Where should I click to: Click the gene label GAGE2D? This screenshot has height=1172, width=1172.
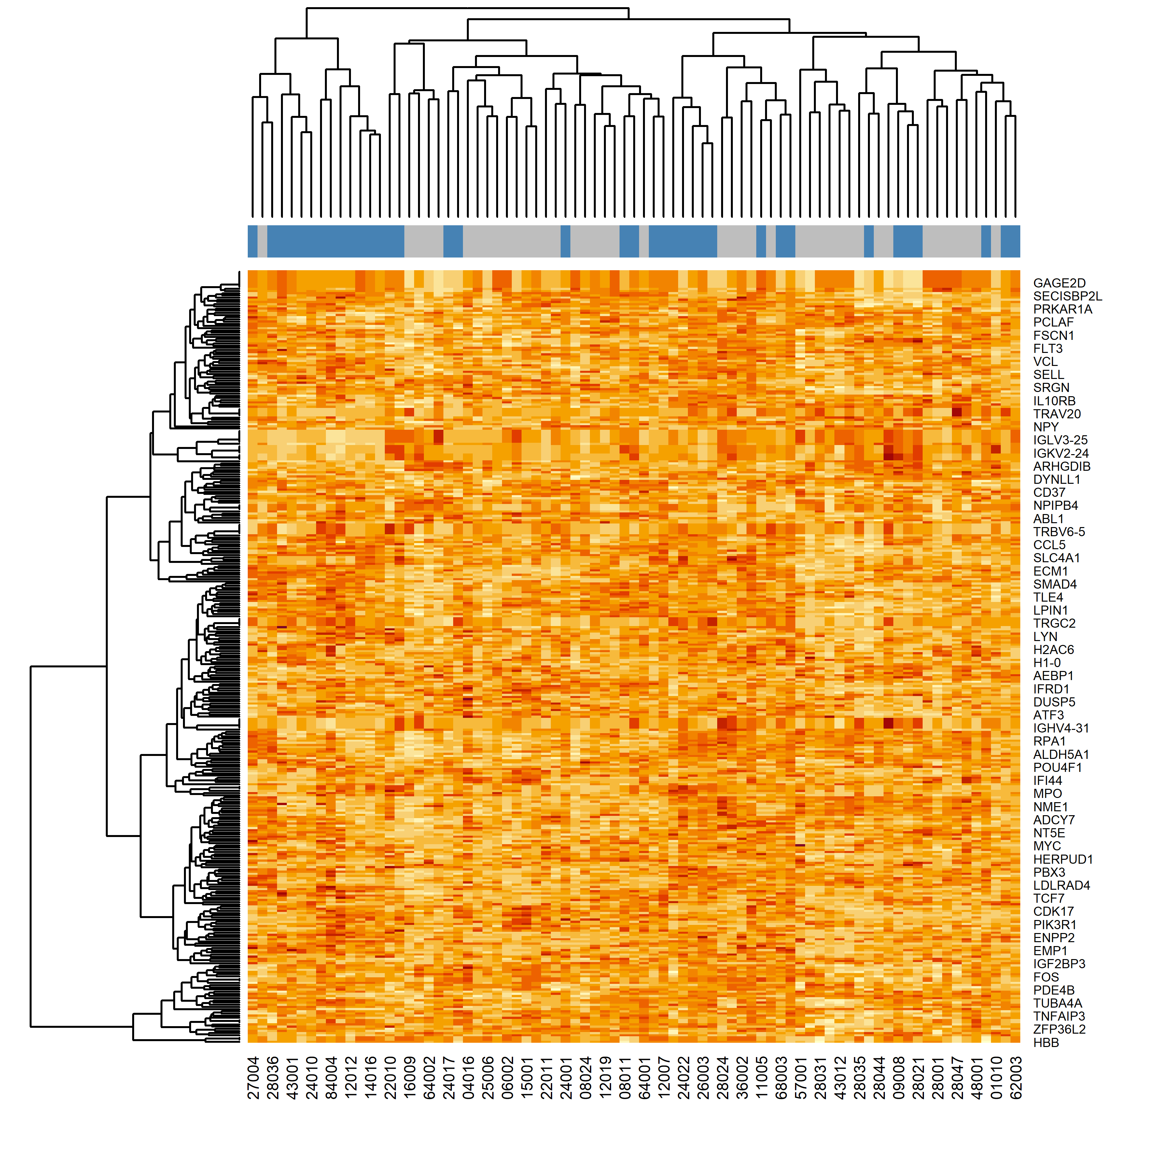coord(1059,283)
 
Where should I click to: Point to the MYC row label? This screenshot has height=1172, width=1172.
coord(1047,846)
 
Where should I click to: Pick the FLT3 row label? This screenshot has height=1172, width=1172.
coord(1048,349)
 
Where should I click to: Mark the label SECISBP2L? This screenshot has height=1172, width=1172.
coord(1067,297)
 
